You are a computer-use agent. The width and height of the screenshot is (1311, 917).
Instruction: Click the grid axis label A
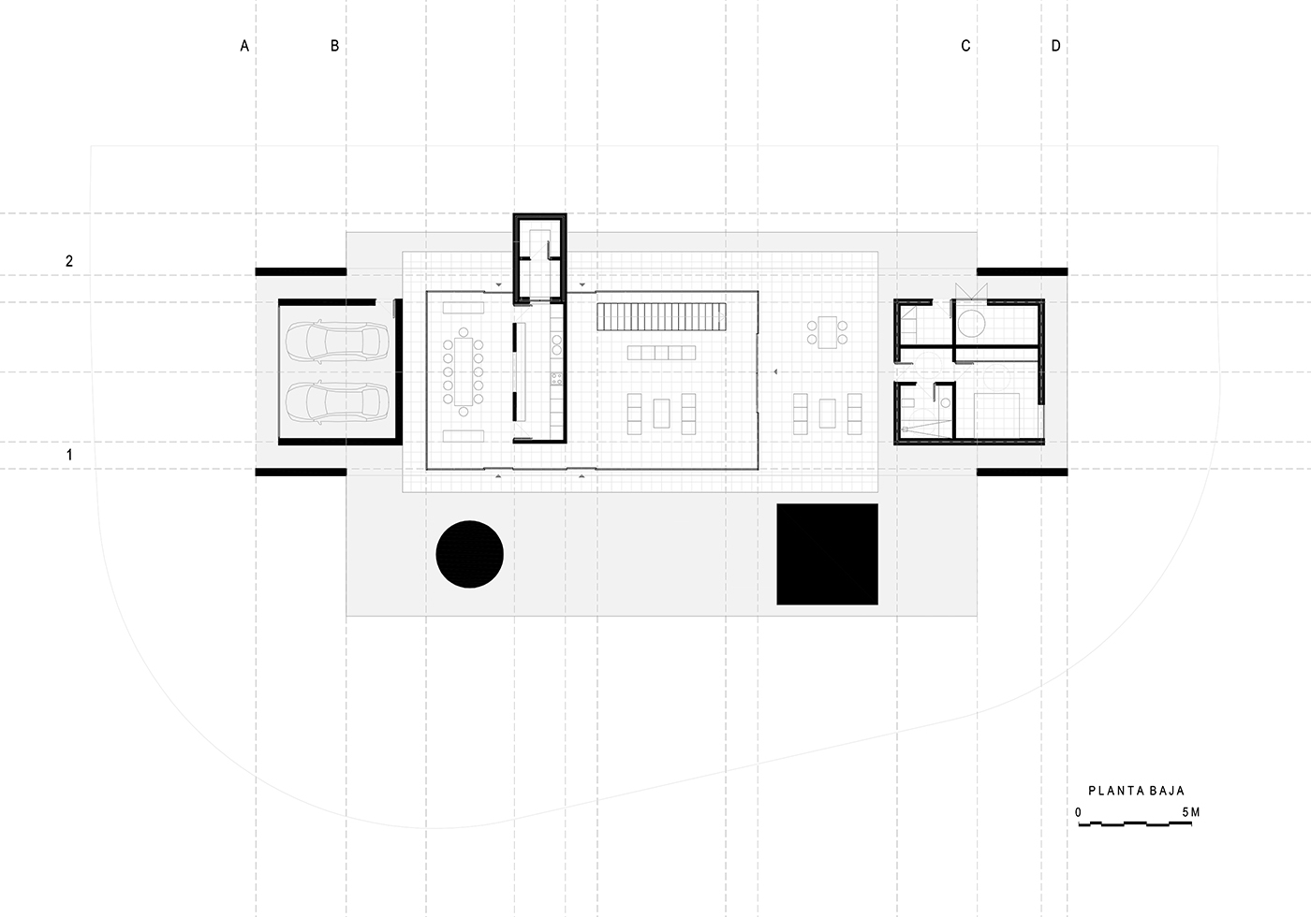click(244, 46)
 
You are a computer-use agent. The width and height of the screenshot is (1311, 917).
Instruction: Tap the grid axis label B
click(335, 46)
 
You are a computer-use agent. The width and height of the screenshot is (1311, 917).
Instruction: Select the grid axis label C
click(965, 46)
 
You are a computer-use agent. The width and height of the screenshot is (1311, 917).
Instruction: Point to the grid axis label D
click(1056, 46)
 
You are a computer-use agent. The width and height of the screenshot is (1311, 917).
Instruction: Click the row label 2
click(69, 261)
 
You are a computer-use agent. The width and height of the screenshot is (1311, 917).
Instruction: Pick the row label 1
click(69, 455)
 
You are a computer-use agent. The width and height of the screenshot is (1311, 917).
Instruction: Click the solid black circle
click(469, 554)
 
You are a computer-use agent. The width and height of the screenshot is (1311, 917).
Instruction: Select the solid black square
click(827, 554)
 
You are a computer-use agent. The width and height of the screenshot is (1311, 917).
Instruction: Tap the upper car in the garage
click(337, 341)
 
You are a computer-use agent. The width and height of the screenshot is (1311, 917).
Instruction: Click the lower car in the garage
click(337, 403)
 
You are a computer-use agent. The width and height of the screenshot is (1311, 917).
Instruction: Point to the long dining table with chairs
click(463, 371)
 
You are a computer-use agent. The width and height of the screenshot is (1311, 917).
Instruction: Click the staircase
click(661, 316)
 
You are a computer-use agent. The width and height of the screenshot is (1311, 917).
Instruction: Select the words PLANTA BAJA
click(1136, 791)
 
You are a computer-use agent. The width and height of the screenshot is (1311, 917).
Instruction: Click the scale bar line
click(1135, 824)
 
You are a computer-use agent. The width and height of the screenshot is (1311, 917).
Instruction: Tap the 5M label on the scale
click(1191, 812)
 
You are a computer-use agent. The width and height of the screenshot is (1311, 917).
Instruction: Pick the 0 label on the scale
click(1078, 812)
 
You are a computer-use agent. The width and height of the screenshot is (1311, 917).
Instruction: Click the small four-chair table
click(827, 332)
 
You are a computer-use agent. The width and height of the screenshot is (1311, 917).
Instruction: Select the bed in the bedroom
click(996, 415)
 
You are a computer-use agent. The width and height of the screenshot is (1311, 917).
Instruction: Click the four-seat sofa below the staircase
click(661, 353)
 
